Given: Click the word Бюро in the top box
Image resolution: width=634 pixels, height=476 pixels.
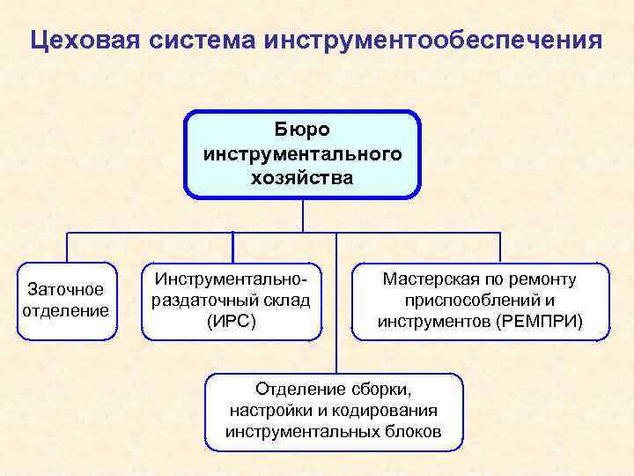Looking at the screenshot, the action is pyautogui.click(x=302, y=130).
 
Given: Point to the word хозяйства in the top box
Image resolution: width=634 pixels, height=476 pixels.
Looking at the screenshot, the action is pyautogui.click(x=302, y=177).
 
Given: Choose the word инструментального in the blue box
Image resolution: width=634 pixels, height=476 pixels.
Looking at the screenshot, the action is pyautogui.click(x=302, y=153).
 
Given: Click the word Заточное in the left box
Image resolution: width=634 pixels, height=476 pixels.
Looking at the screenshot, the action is pyautogui.click(x=66, y=289).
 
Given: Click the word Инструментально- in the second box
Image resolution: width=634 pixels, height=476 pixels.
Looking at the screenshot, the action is pyautogui.click(x=232, y=279).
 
